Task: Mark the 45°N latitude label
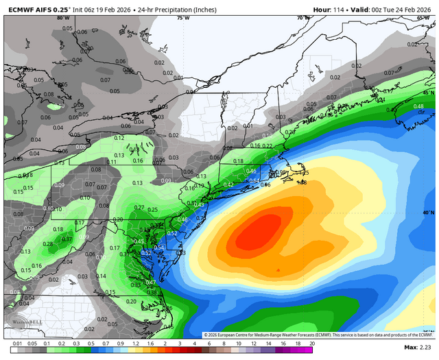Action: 428,93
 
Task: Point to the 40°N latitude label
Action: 428,213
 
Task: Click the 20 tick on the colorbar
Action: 312,343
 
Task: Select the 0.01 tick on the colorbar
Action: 16,343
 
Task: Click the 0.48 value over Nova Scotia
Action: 418,106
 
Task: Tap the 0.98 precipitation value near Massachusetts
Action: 280,172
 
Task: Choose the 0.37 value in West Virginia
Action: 67,239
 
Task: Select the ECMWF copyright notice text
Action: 319,334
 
